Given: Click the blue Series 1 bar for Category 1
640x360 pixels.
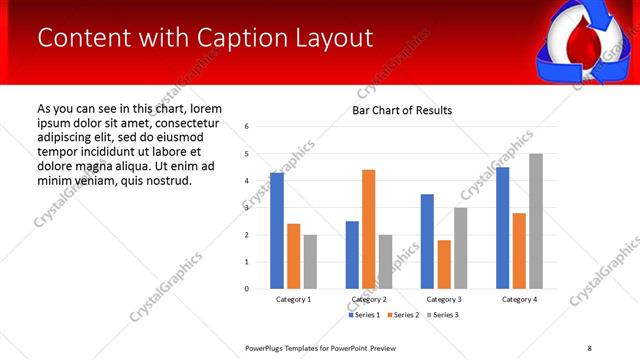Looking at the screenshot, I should pyautogui.click(x=276, y=231).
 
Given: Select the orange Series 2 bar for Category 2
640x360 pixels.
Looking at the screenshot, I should pyautogui.click(x=368, y=229).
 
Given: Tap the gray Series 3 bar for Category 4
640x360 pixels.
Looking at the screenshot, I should pyautogui.click(x=535, y=221).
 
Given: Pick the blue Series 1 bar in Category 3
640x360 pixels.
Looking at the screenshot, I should pyautogui.click(x=427, y=241).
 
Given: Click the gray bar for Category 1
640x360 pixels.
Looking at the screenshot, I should pyautogui.click(x=310, y=262).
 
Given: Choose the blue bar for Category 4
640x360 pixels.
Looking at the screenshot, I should pyautogui.click(x=502, y=228).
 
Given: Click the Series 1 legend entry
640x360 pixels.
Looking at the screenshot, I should pyautogui.click(x=365, y=315).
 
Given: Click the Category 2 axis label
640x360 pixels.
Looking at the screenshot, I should pyautogui.click(x=368, y=299).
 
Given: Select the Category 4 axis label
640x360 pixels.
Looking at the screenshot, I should pyautogui.click(x=519, y=299).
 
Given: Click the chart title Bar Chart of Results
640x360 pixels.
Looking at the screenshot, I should pyautogui.click(x=402, y=110).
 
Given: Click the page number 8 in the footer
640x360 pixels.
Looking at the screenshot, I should pyautogui.click(x=589, y=347).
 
